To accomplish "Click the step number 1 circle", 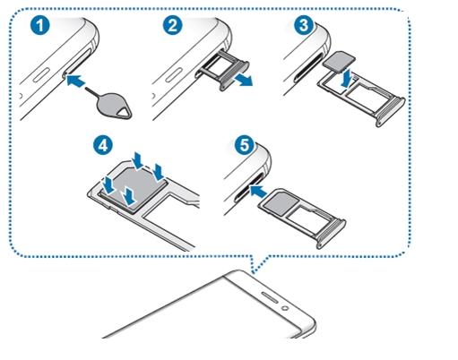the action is [x=40, y=25].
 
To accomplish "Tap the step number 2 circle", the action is [x=172, y=25].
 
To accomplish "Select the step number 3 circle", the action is [x=304, y=25].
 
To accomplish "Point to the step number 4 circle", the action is [x=103, y=145].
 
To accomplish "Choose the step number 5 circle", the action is [x=245, y=145].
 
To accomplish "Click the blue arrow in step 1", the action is [x=74, y=81].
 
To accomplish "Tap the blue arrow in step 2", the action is [x=244, y=81].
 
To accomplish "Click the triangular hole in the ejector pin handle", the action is [x=124, y=113].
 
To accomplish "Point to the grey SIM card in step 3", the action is [x=339, y=62].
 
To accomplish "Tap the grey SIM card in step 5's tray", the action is [x=279, y=204].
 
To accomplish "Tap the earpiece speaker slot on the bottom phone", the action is [x=272, y=296].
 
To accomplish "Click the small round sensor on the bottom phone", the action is [x=285, y=307].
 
